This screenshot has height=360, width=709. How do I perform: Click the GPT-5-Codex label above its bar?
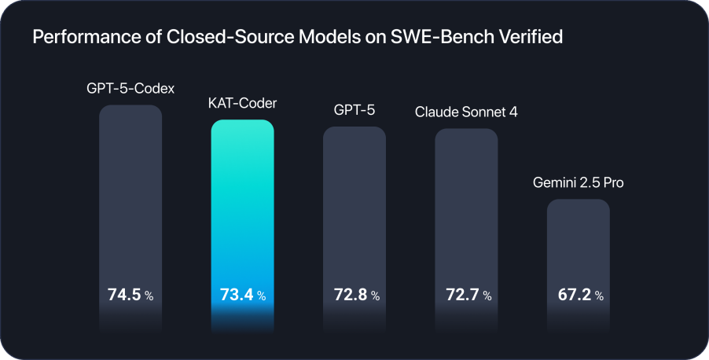pyautogui.click(x=130, y=88)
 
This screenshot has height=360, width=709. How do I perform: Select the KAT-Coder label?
pyautogui.click(x=242, y=103)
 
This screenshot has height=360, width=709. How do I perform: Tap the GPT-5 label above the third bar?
pyautogui.click(x=354, y=110)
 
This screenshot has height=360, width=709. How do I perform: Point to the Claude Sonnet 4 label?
pyautogui.click(x=466, y=112)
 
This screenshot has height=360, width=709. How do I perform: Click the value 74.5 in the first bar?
pyautogui.click(x=123, y=296)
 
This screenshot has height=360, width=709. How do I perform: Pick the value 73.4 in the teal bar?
pyautogui.click(x=235, y=296)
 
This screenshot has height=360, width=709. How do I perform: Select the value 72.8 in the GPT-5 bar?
pyautogui.click(x=348, y=296)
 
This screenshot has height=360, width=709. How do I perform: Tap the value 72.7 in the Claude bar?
pyautogui.click(x=460, y=296)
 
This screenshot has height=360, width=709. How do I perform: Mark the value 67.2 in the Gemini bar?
pyautogui.click(x=572, y=296)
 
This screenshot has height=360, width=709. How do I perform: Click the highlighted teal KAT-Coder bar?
pyautogui.click(x=242, y=204)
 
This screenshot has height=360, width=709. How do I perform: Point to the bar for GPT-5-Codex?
pyautogui.click(x=130, y=197)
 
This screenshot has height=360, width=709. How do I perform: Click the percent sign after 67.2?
pyautogui.click(x=599, y=296)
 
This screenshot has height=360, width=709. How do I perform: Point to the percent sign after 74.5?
pyautogui.click(x=150, y=296)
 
